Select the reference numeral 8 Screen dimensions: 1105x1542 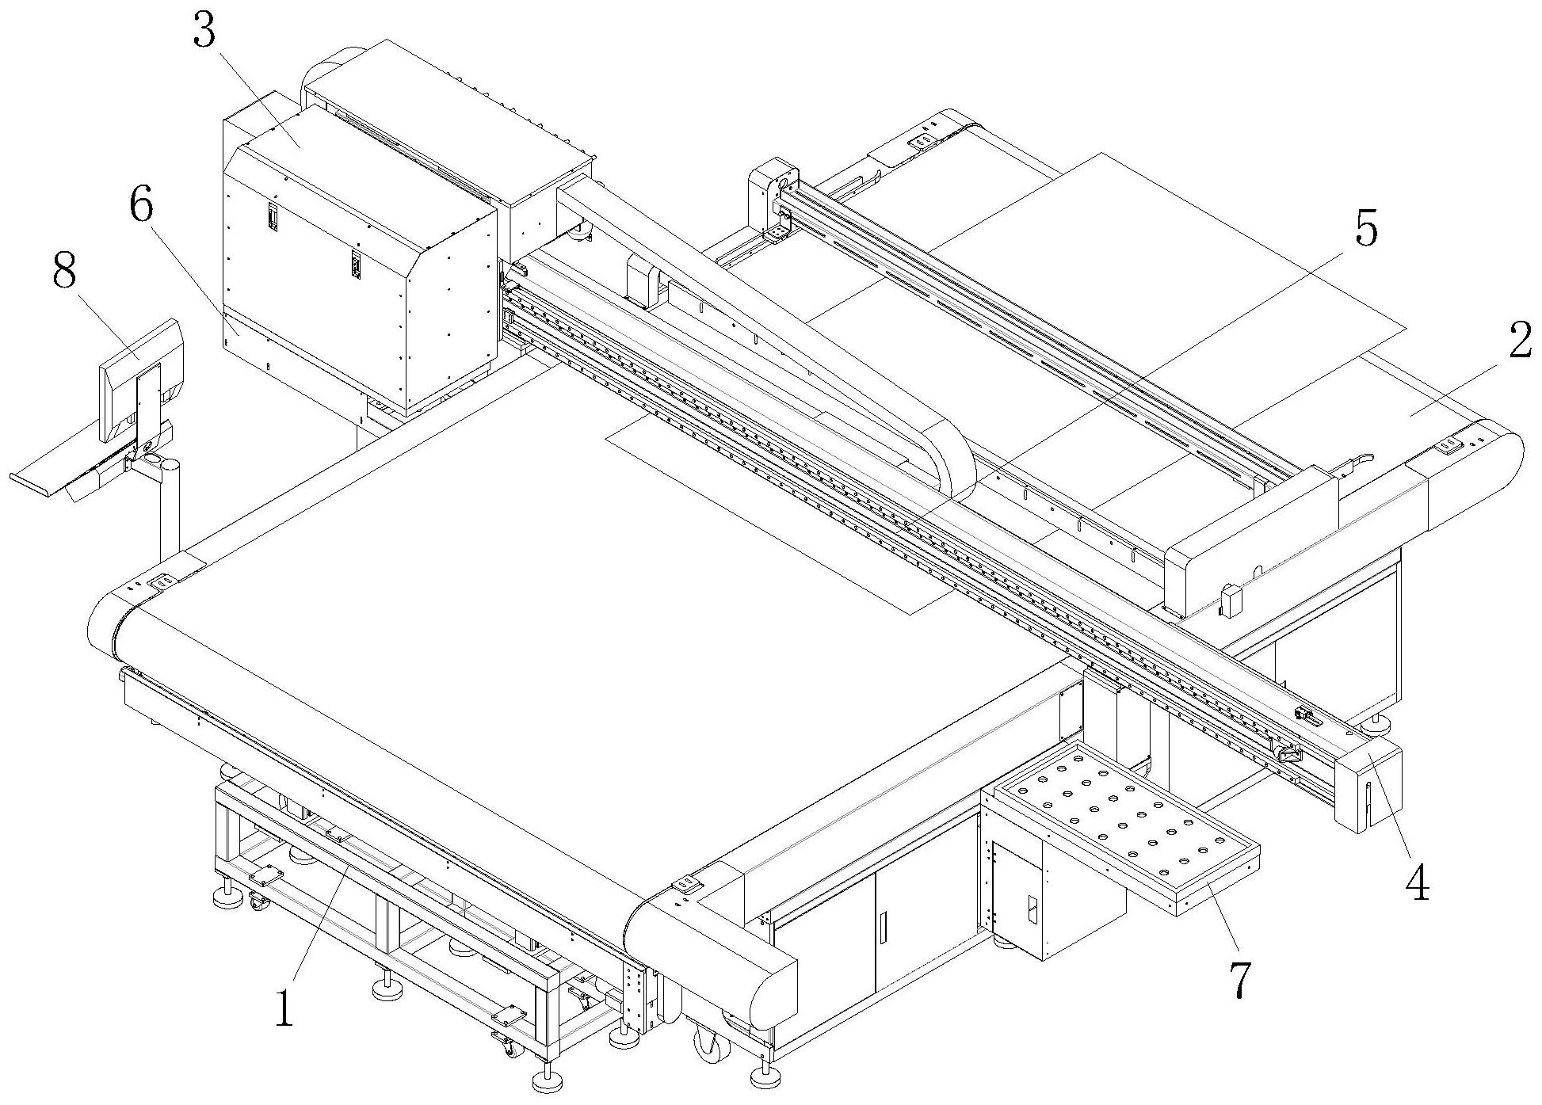click(x=63, y=272)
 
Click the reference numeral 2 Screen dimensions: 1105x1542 click(x=1517, y=342)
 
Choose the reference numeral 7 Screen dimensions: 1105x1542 click(x=1239, y=979)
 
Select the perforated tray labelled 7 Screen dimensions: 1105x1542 click(x=1125, y=824)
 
